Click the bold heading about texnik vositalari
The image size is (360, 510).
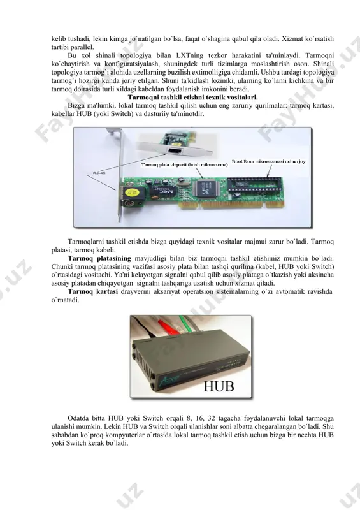(192, 98)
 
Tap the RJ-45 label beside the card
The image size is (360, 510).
(99, 173)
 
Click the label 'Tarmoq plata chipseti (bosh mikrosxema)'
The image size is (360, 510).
(184, 165)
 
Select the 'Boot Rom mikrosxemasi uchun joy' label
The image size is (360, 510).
(269, 161)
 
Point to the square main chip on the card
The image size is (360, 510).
(204, 188)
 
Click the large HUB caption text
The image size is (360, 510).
(219, 386)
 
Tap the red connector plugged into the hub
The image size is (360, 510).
(167, 326)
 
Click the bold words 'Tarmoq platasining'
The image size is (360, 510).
(99, 258)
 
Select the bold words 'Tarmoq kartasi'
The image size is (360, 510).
(92, 291)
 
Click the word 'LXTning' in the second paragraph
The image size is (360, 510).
(190, 55)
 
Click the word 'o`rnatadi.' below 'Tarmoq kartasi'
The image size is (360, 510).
(66, 300)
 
